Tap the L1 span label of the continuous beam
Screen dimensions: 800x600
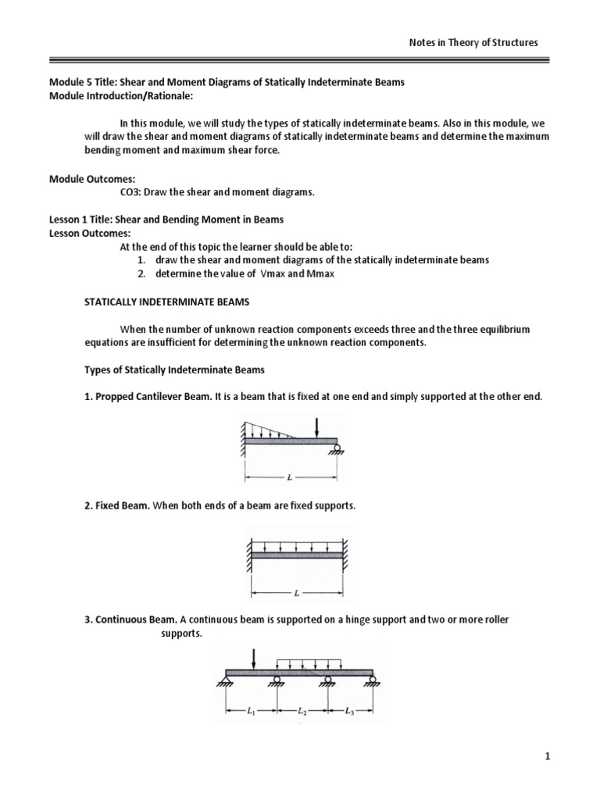point(252,712)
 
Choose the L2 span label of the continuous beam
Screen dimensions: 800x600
point(302,712)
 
